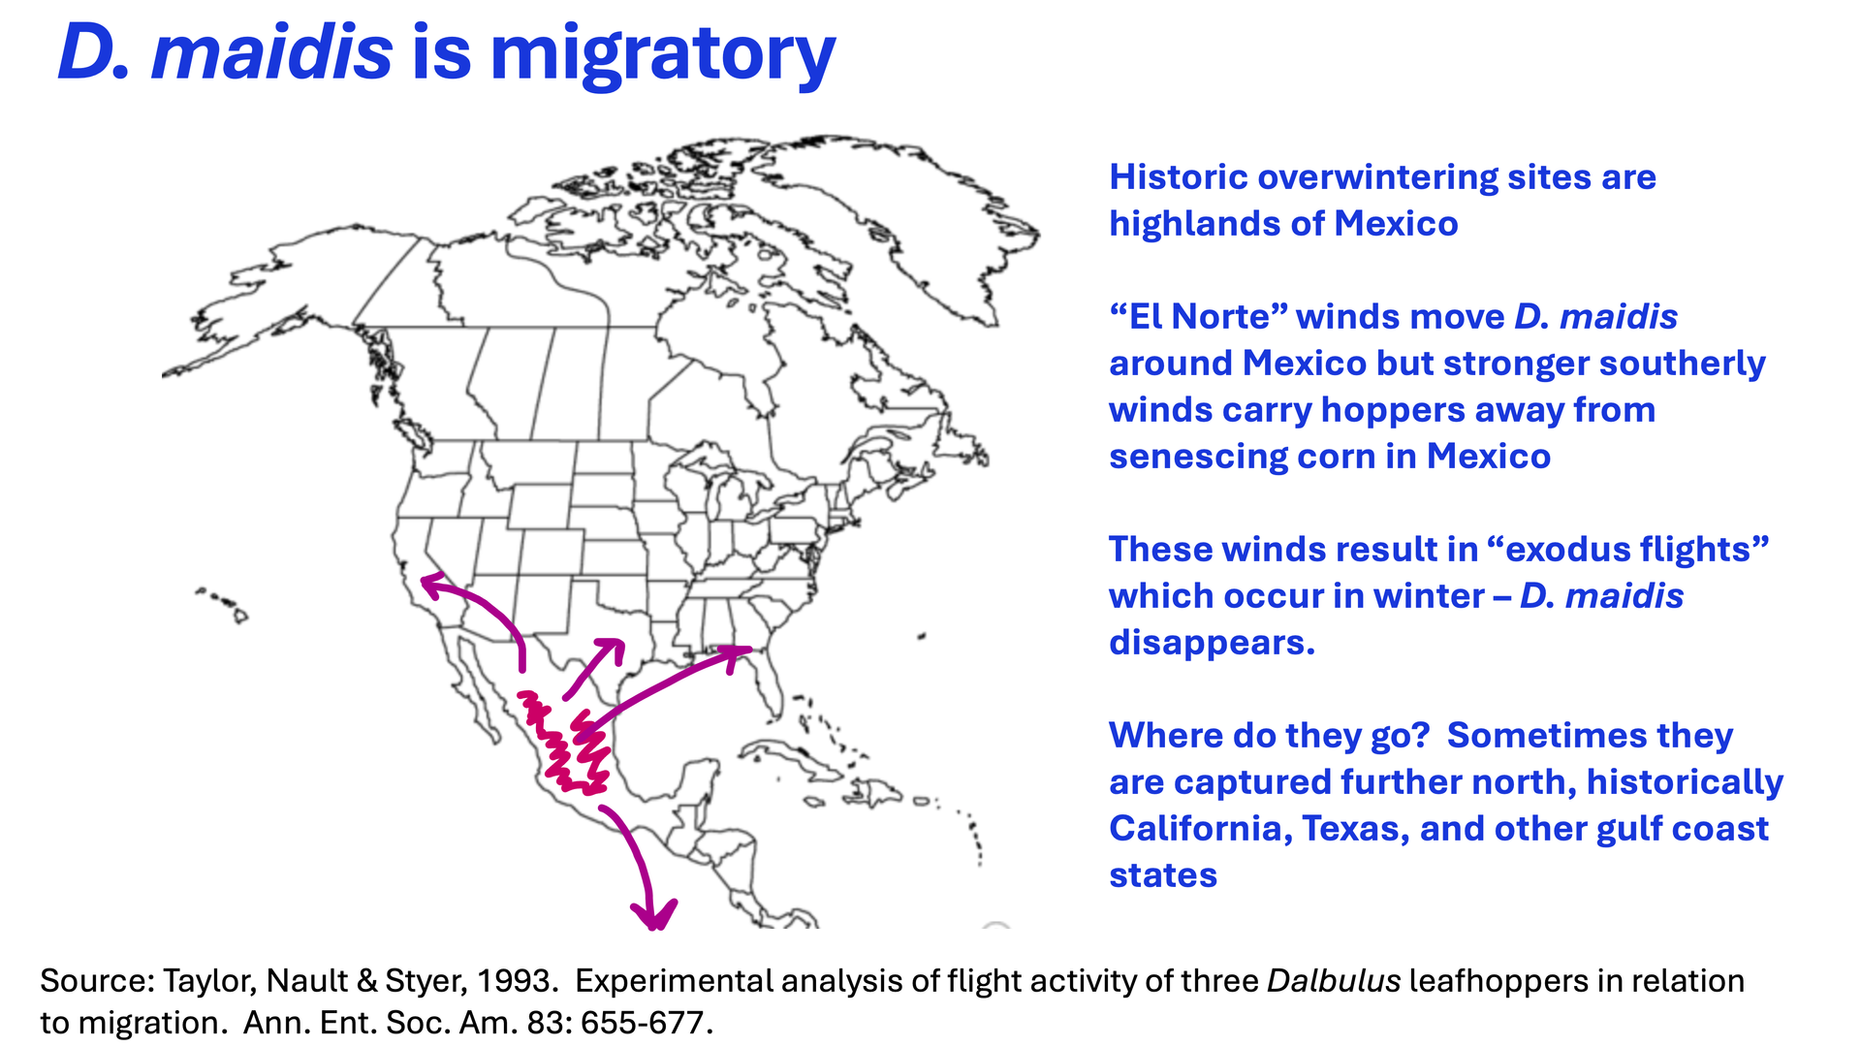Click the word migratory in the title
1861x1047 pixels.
coord(663,54)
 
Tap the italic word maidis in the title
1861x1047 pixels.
coord(272,52)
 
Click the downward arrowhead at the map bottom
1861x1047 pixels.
coord(654,914)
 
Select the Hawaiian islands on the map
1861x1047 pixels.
coord(222,603)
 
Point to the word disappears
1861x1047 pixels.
coord(1212,644)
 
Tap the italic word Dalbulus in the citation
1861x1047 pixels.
coord(1334,981)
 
